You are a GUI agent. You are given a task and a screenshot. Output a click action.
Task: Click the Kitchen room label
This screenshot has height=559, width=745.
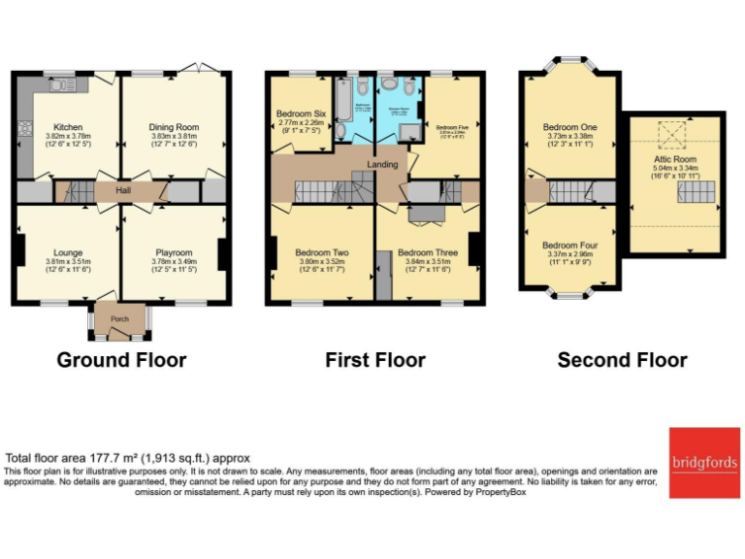pos(68,126)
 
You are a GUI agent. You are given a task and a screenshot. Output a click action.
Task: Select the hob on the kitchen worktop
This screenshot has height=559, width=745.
pos(26,126)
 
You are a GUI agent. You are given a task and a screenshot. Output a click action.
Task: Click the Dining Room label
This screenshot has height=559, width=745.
pos(174,126)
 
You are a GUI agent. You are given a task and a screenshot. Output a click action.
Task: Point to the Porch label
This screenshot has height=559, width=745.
pos(119,317)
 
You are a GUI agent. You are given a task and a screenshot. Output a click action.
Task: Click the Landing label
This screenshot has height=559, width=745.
pos(382,164)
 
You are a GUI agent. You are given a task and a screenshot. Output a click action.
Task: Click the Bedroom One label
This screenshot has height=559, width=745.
pos(569,127)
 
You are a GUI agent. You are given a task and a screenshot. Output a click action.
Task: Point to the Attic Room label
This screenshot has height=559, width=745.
pos(673,158)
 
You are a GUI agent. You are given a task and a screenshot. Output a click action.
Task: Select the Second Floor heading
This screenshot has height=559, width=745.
pos(622,360)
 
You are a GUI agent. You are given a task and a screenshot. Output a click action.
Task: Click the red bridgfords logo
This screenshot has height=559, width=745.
pos(704,462)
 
